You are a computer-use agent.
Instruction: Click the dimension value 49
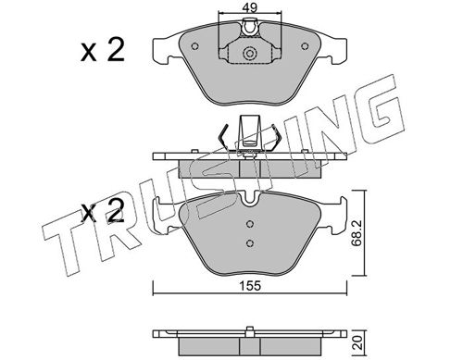point(249,6)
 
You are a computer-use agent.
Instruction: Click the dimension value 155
point(250,286)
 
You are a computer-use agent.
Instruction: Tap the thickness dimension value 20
point(357,342)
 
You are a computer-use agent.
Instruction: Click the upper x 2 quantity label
point(103,51)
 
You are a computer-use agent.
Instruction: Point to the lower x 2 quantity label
point(103,211)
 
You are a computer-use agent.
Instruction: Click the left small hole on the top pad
point(194,46)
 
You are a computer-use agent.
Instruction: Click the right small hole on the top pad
point(305,46)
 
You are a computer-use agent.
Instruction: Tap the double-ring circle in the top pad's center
point(249,54)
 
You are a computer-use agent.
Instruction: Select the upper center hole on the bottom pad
point(250,224)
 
